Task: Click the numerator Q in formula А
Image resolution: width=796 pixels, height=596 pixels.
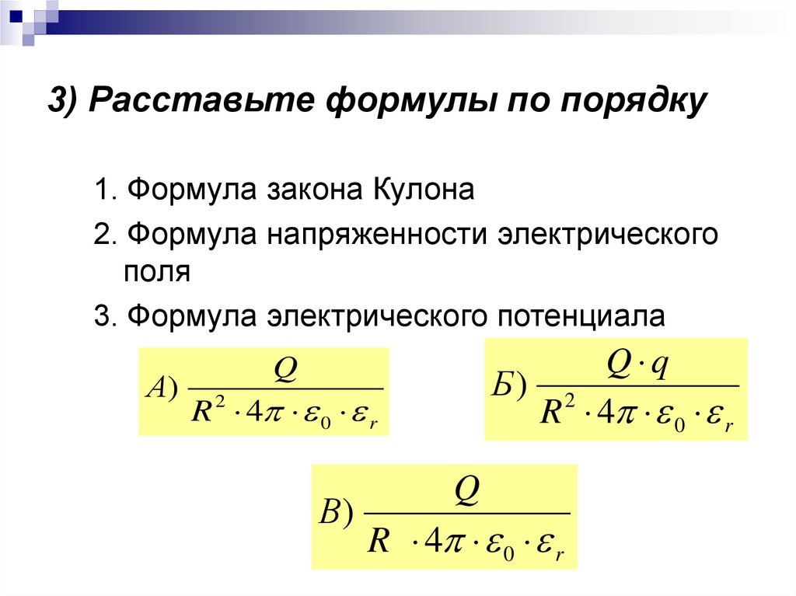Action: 285,369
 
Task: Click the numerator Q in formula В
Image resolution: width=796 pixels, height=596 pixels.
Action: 466,491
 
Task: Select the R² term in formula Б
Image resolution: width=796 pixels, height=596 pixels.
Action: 558,410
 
